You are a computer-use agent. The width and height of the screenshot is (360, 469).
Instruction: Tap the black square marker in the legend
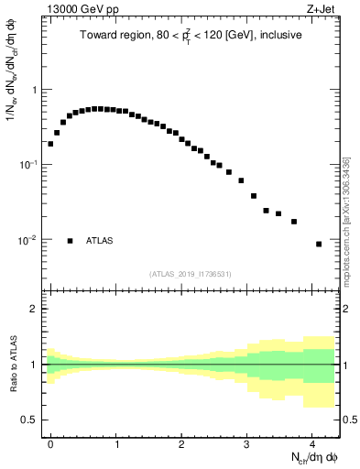70,241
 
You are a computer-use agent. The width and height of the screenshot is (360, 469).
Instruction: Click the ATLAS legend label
100,241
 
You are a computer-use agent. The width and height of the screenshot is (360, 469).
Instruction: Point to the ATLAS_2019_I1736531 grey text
191,274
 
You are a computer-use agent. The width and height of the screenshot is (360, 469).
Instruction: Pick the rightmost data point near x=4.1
319,244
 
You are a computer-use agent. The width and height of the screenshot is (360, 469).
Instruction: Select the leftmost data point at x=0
50,144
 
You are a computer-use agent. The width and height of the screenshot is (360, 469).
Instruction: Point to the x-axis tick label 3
247,442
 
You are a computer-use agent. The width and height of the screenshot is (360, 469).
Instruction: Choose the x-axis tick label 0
50,442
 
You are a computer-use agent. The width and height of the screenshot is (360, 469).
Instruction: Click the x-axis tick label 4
312,442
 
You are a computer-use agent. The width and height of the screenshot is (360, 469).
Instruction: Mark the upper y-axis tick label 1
34,90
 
